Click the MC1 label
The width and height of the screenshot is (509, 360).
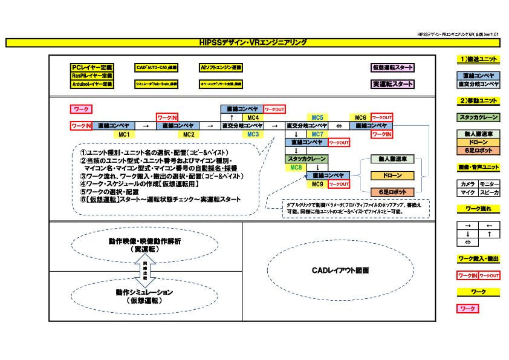pos(125,134)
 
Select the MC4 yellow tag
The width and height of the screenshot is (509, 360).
pos(253,117)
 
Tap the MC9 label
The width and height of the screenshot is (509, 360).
pos(317,184)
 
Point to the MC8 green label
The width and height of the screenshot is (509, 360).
pos(296,167)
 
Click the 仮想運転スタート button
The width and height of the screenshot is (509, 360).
pos(393,68)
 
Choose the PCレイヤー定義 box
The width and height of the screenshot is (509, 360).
pos(92,68)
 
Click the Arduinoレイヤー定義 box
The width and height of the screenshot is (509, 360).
pos(92,85)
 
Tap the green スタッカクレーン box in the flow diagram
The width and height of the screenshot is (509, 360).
pos(306,159)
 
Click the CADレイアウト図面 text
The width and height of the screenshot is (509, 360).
pos(340,270)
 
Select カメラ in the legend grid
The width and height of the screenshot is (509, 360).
pos(467,183)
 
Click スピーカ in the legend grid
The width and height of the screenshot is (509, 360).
pos(488,192)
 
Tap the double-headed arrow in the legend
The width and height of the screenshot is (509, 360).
pos(467,242)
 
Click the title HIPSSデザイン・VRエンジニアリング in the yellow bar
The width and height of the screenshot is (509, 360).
pos(253,43)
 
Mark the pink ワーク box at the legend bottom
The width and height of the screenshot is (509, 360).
pos(468,308)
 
